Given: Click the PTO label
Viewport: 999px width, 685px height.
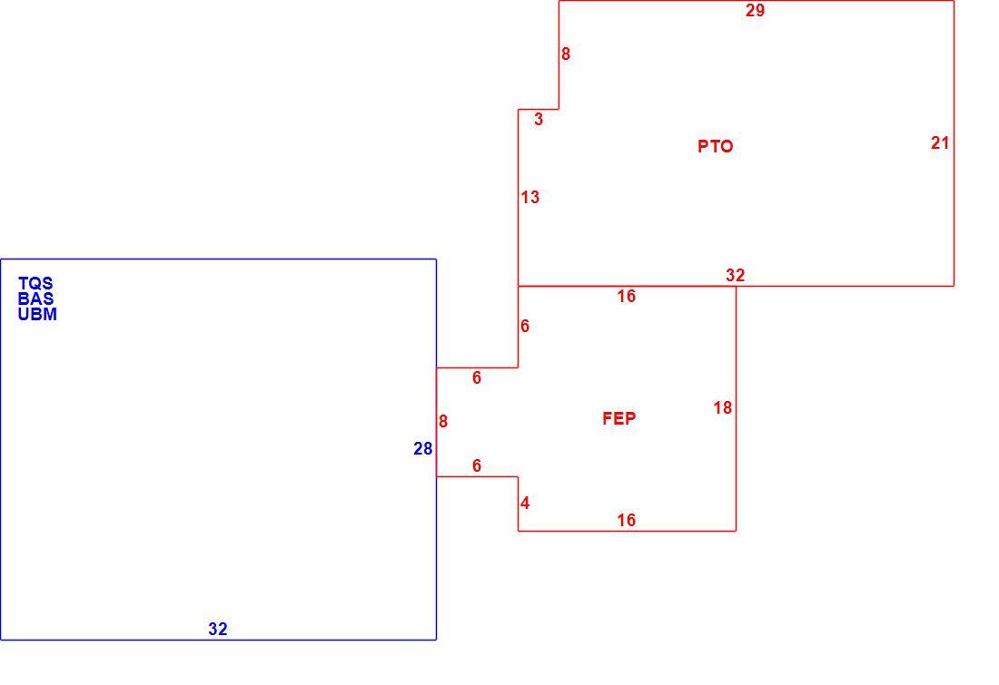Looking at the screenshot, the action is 715,146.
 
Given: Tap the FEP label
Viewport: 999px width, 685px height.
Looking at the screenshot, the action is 618,418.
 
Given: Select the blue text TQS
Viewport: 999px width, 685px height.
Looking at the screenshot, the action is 35,283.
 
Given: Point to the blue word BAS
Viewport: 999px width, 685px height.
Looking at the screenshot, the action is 35,298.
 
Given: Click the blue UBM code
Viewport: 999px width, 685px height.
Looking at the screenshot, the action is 37,314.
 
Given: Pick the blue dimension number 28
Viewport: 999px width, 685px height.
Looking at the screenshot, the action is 423,449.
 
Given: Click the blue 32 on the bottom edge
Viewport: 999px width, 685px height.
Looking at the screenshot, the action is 218,629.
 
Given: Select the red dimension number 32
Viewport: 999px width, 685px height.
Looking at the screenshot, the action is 736,275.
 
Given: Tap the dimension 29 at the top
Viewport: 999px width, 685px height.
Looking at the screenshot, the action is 755,10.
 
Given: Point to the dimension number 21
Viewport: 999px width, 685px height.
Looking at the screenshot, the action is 940,143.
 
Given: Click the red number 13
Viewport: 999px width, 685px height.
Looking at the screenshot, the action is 530,198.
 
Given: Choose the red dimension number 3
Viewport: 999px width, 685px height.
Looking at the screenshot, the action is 539,119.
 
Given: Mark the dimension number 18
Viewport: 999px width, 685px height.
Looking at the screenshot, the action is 723,408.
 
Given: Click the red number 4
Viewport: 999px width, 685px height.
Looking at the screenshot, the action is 525,504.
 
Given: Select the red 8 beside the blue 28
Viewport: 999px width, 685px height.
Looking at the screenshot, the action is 443,422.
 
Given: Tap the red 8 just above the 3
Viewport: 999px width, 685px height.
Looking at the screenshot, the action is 566,54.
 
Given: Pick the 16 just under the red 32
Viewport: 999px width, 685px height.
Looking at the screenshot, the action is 627,296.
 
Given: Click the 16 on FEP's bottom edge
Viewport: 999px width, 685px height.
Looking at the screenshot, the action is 627,520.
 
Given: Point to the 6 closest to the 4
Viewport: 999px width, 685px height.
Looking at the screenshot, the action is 477,465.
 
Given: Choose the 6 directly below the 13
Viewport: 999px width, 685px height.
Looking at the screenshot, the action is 525,326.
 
